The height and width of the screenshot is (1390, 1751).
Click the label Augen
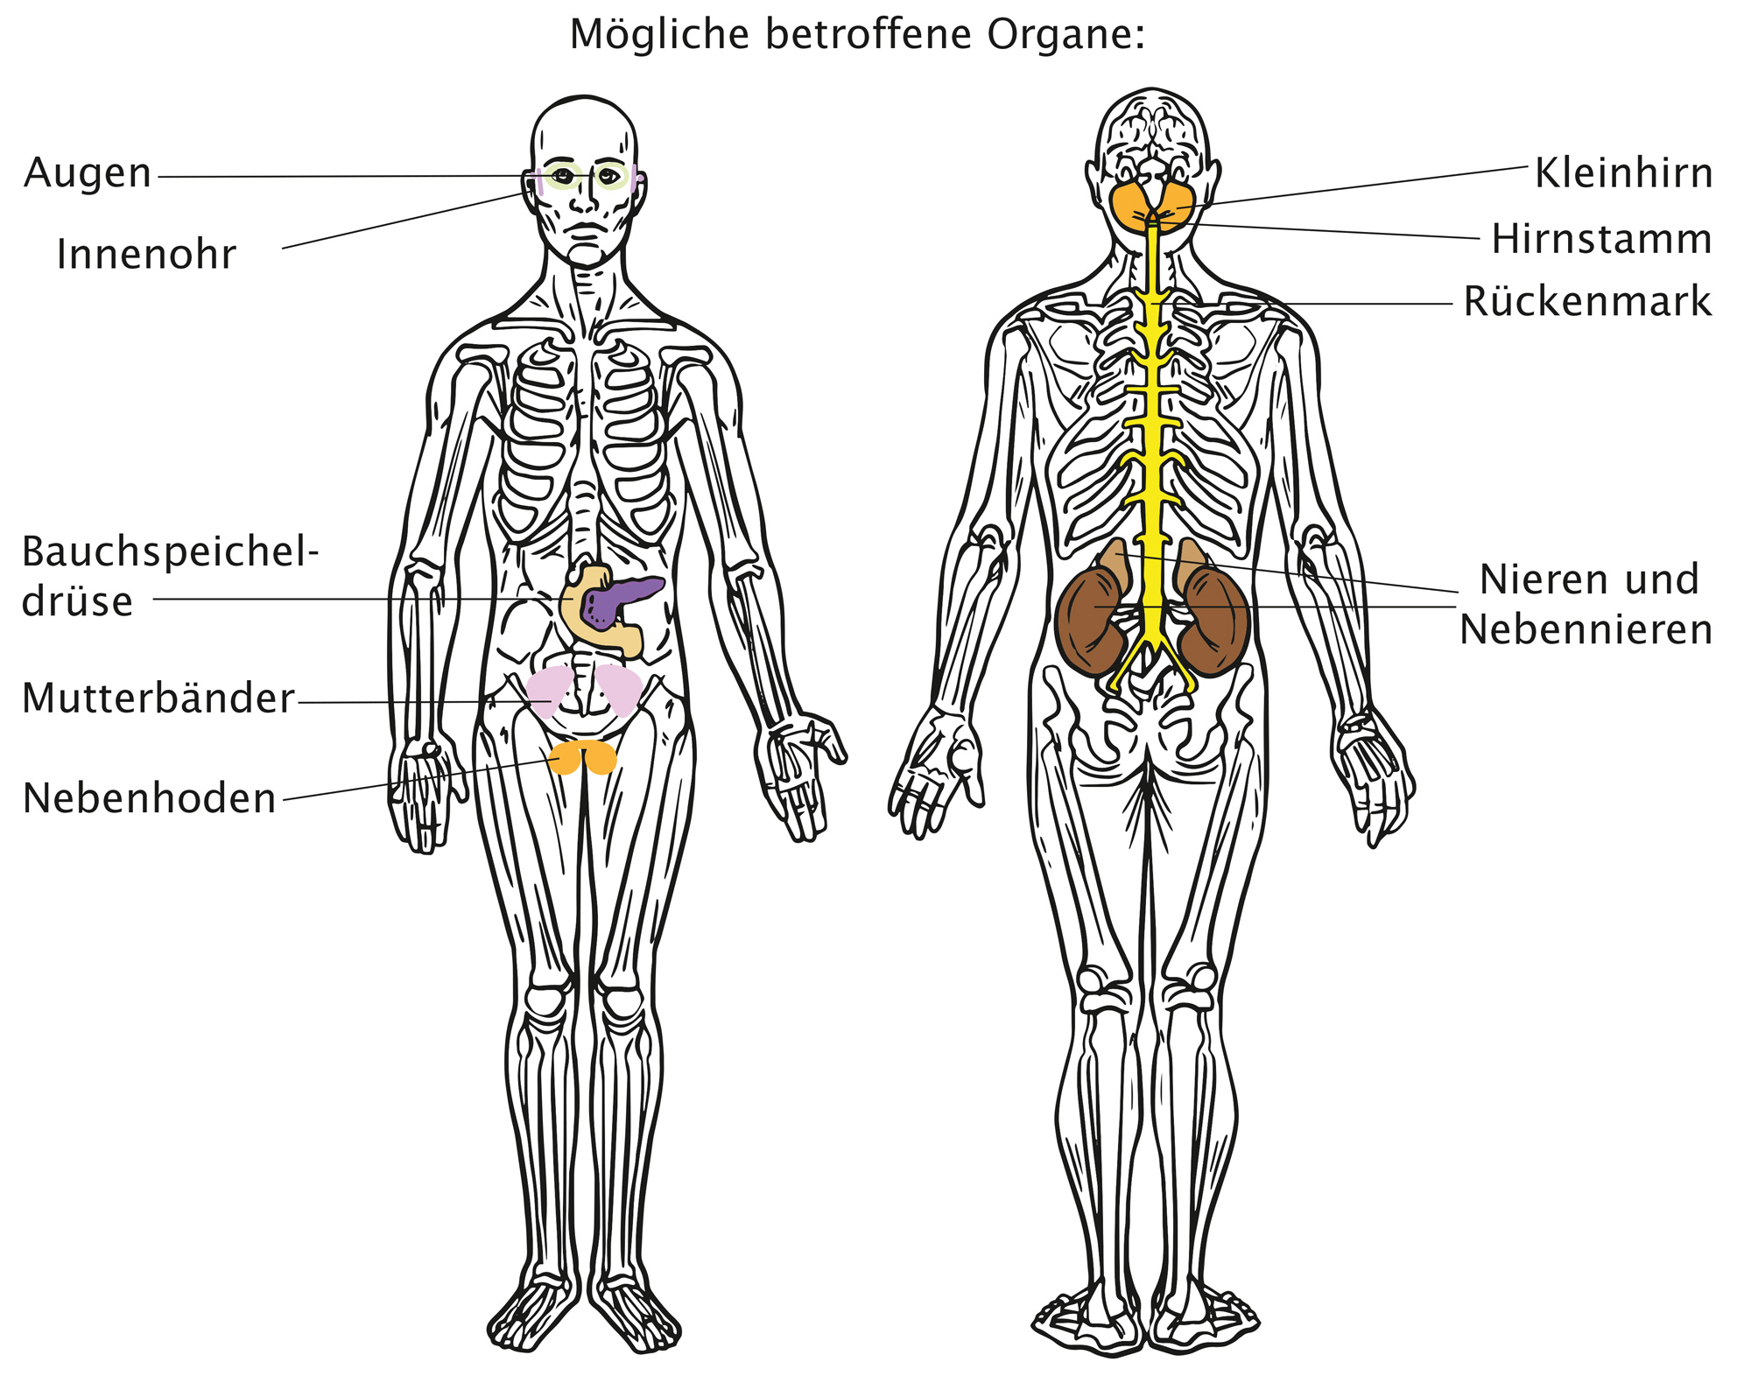click(x=88, y=173)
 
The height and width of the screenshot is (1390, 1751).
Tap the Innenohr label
click(x=146, y=255)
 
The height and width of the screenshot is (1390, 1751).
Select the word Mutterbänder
click(x=158, y=699)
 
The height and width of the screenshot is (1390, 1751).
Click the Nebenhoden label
click(x=150, y=798)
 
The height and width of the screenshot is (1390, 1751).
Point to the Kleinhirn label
click(x=1623, y=173)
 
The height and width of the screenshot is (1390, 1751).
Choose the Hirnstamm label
click(x=1601, y=239)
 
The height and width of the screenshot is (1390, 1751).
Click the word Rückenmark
click(x=1587, y=301)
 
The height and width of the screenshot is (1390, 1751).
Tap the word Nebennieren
click(x=1586, y=629)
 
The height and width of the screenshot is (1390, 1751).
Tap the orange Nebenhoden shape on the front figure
click(x=582, y=757)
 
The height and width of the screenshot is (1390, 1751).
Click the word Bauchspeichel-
click(x=170, y=552)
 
